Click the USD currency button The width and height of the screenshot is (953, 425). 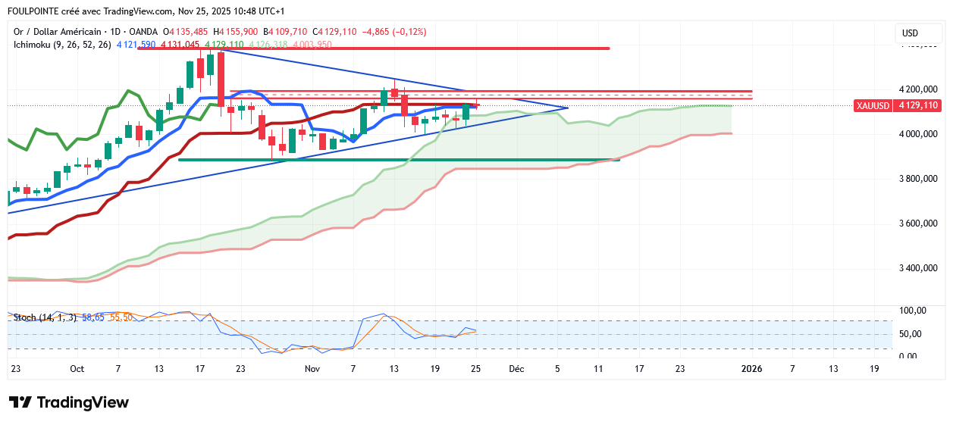910,33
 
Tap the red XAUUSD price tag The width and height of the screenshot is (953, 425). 898,105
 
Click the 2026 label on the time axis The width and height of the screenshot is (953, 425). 751,369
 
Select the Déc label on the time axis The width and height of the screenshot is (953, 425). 516,369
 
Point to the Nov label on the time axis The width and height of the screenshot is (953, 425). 312,369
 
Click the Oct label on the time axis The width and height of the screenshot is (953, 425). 77,369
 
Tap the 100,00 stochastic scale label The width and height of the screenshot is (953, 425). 912,311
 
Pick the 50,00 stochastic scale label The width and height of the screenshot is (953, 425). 912,334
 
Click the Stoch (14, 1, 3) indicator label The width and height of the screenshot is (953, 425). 45,317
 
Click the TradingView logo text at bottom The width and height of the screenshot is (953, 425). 68,402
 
